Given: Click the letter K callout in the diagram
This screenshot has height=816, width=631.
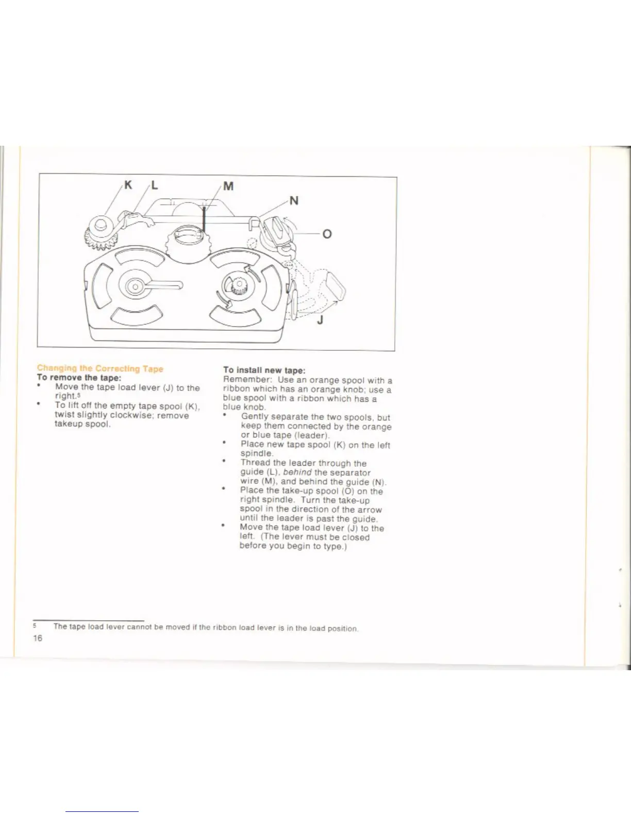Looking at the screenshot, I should pos(128,185).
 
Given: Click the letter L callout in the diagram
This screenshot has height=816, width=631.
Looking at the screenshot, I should pos(154,185).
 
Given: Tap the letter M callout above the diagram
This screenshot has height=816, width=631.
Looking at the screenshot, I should pos(228,186).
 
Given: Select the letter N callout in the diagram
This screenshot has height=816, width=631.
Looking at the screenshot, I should pos(293,200).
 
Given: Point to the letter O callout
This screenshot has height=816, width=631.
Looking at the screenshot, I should pos(327,234).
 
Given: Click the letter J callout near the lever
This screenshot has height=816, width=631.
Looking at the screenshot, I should pos(320,320).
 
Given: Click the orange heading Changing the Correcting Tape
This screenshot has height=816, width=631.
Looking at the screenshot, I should pos(100,368).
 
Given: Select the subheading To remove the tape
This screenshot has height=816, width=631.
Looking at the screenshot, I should pos(79,378).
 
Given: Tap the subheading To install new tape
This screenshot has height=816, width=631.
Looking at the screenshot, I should pos(264,370).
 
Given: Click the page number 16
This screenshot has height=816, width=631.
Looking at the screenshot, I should pos(38,638).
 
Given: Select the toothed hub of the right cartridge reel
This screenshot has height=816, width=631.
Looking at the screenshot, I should pos(239,284).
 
